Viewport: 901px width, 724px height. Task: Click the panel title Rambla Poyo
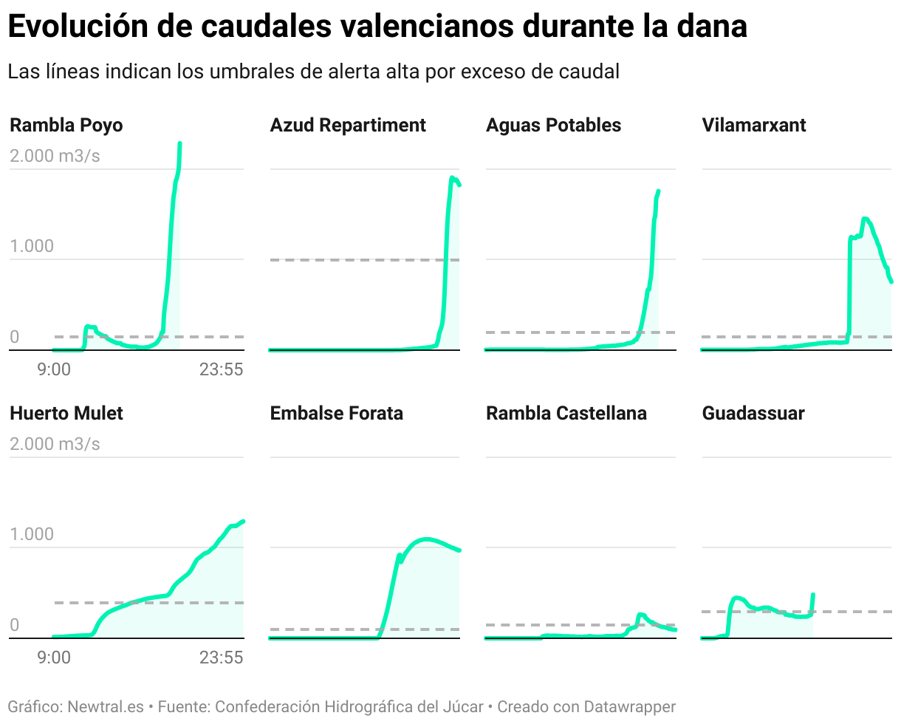pyautogui.click(x=66, y=126)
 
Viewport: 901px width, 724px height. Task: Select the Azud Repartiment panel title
pyautogui.click(x=348, y=126)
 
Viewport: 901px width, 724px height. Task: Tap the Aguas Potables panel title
pyautogui.click(x=553, y=126)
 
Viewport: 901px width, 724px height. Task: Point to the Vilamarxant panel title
pyautogui.click(x=754, y=126)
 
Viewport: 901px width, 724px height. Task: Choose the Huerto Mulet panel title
pyautogui.click(x=66, y=414)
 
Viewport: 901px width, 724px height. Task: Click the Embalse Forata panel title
pyautogui.click(x=337, y=414)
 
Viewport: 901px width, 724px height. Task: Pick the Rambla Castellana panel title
pyautogui.click(x=566, y=414)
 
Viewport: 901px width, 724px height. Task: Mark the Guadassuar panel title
pyautogui.click(x=753, y=414)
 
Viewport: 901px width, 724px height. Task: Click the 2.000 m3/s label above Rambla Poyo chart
pyautogui.click(x=55, y=156)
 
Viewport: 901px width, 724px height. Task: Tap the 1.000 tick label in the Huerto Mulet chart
pyautogui.click(x=32, y=534)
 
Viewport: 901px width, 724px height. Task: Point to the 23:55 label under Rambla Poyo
pyautogui.click(x=221, y=369)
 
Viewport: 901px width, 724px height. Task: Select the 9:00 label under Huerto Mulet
pyautogui.click(x=54, y=658)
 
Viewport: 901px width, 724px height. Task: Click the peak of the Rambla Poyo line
pyautogui.click(x=180, y=144)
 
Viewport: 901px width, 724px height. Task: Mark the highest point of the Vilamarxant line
pyautogui.click(x=865, y=219)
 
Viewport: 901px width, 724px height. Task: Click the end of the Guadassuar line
pyautogui.click(x=813, y=595)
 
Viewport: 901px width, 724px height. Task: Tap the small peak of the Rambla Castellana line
pyautogui.click(x=640, y=614)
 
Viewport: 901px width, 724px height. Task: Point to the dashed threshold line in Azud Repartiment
pyautogui.click(x=354, y=260)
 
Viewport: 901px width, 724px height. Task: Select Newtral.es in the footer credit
pyautogui.click(x=106, y=707)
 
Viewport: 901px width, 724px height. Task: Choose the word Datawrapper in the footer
pyautogui.click(x=629, y=707)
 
